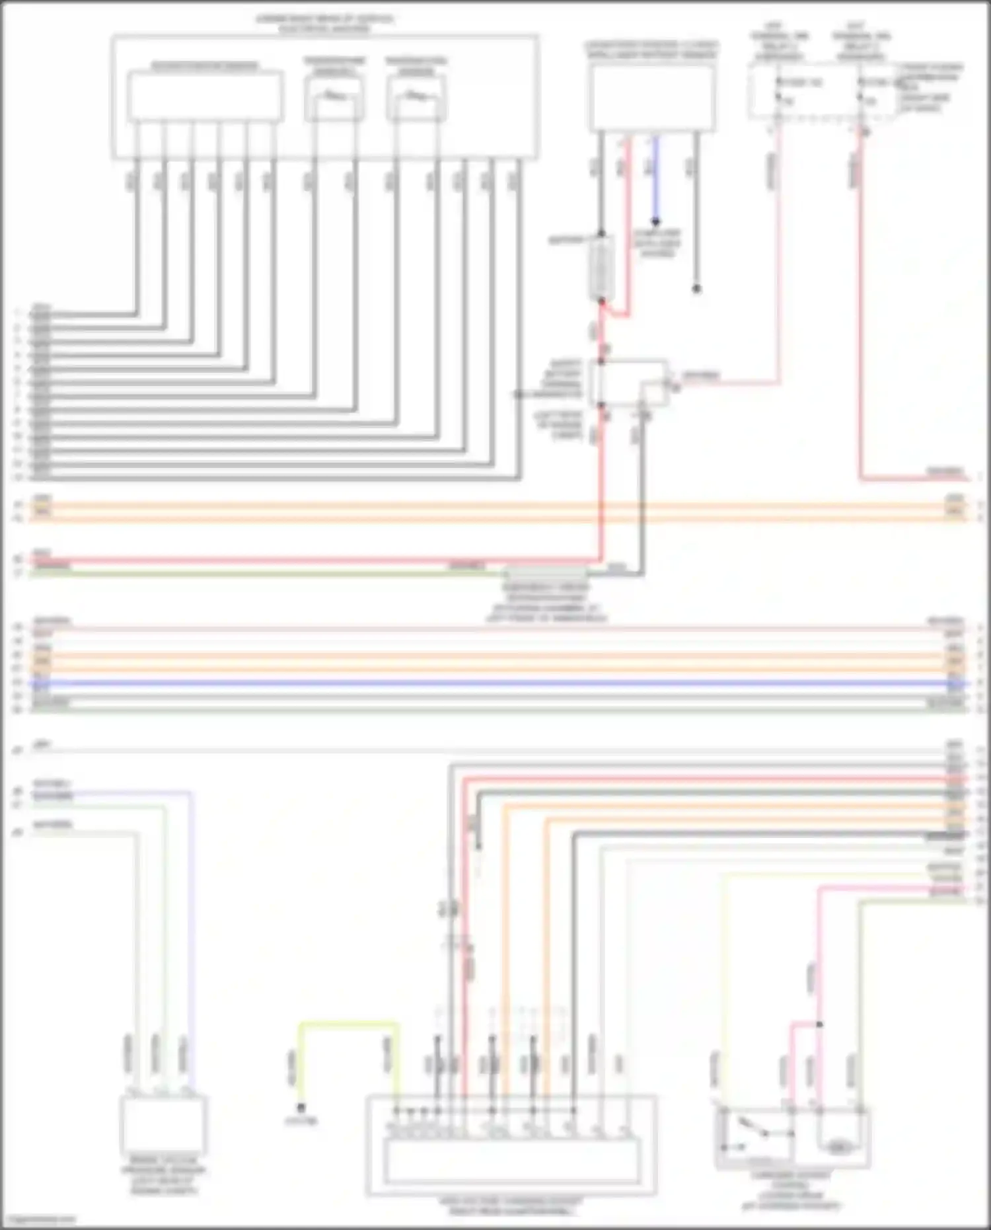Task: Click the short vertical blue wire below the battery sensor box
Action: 655,178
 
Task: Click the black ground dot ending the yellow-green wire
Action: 301,1108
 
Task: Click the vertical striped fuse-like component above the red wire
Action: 602,268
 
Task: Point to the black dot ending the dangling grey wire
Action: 696,289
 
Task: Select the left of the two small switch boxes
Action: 334,99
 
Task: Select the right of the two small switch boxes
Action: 416,99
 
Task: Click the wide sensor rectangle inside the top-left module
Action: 205,96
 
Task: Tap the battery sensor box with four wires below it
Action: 652,98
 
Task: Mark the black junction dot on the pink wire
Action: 819,1024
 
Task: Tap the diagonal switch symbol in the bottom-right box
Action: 753,1128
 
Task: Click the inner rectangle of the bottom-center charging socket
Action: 512,1161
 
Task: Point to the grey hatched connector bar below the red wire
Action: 545,572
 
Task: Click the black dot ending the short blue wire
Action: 655,222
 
